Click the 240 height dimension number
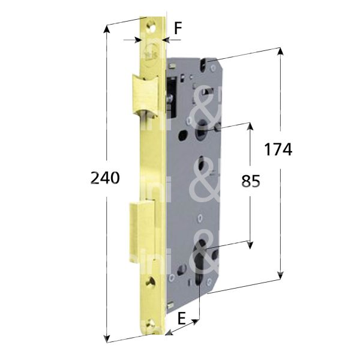[104, 178]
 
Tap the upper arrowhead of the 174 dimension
[280, 52]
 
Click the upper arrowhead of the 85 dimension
[251, 127]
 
